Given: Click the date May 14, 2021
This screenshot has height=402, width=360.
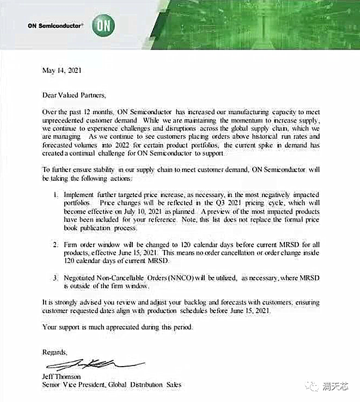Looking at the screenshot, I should tap(63, 71).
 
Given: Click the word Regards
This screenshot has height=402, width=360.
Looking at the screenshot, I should tap(55, 352).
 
